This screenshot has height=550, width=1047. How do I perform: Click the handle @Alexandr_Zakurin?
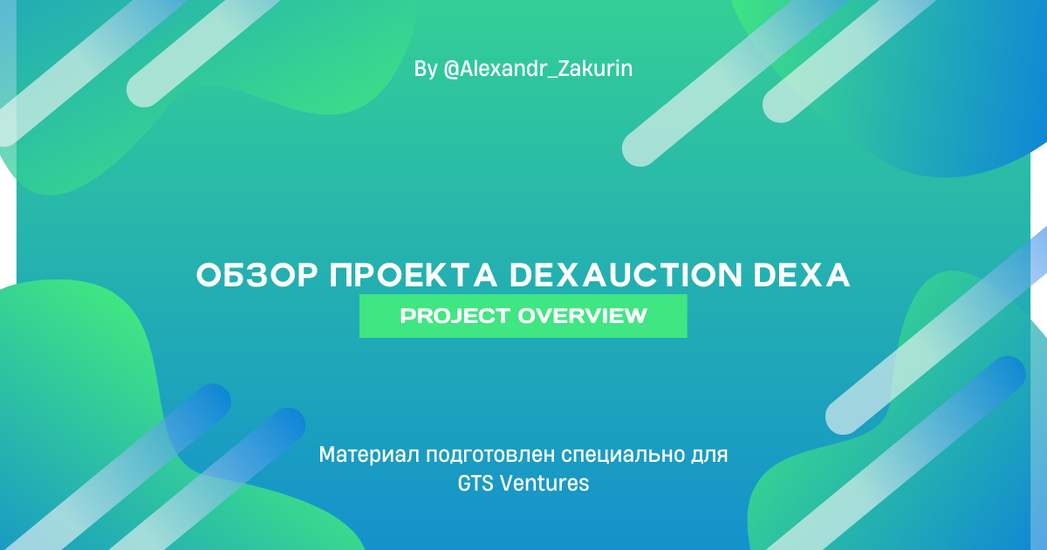[538, 69]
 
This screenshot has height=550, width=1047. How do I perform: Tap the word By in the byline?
[426, 69]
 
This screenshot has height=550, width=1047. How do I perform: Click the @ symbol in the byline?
[452, 69]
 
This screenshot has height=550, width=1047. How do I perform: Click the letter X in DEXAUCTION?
[559, 276]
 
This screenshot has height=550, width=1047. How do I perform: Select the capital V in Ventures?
[507, 483]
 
